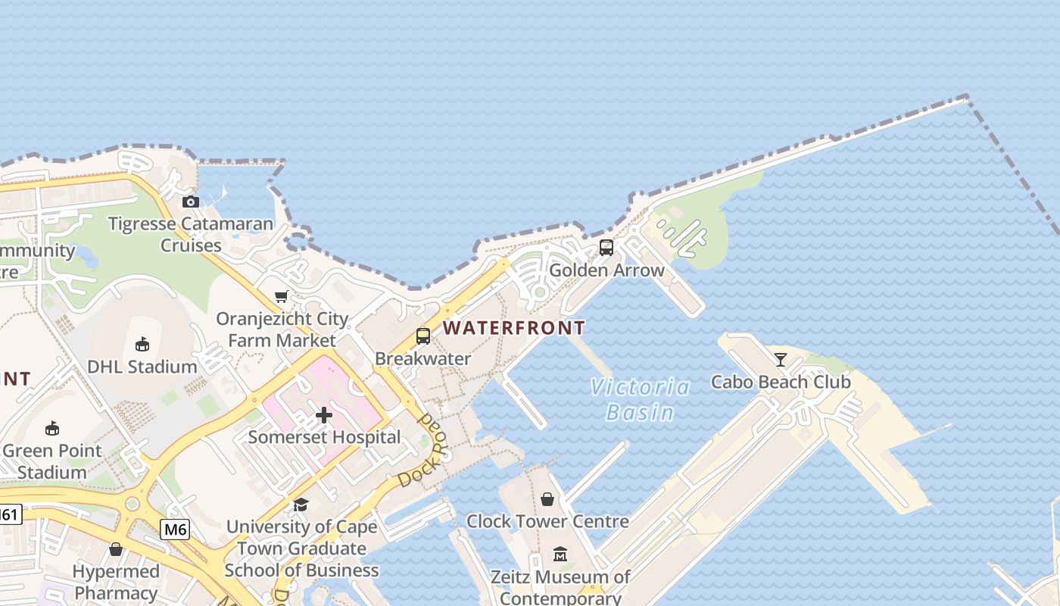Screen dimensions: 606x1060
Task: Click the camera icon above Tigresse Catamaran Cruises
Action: point(191,201)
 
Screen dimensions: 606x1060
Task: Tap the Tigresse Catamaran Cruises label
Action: point(191,234)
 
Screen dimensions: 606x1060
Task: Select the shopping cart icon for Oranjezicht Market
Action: point(282,296)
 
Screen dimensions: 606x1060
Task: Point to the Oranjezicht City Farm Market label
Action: point(282,330)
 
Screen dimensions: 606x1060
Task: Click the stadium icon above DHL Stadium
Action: point(142,345)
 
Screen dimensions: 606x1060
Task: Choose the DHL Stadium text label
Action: point(142,367)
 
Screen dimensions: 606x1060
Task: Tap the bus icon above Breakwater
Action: point(423,336)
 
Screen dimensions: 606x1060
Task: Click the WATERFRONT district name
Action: point(513,328)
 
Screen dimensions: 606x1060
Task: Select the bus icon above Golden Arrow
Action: point(606,248)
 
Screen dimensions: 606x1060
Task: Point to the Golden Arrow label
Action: point(606,270)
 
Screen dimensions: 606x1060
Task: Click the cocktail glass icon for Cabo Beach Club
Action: point(781,360)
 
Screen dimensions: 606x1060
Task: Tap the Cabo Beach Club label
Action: point(781,382)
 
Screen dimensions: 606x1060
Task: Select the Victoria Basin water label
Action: point(641,400)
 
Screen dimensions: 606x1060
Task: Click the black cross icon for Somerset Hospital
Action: point(324,415)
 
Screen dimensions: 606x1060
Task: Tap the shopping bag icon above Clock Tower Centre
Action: point(547,499)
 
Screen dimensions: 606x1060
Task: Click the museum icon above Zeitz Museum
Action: point(560,554)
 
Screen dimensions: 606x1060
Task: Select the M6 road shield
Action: point(174,529)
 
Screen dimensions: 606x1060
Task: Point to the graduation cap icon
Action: point(301,504)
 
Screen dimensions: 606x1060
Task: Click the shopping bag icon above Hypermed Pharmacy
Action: point(116,549)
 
